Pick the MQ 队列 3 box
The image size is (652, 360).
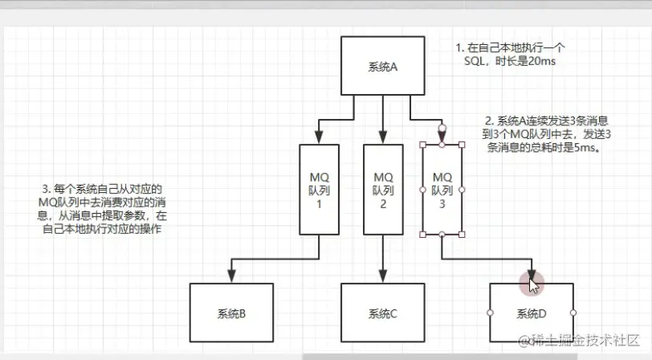(442, 190)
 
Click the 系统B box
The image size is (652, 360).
(230, 313)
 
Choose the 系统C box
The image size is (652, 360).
(382, 313)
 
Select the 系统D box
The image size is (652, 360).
(531, 313)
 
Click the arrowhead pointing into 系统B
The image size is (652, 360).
(231, 276)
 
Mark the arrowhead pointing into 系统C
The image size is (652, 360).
(382, 276)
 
